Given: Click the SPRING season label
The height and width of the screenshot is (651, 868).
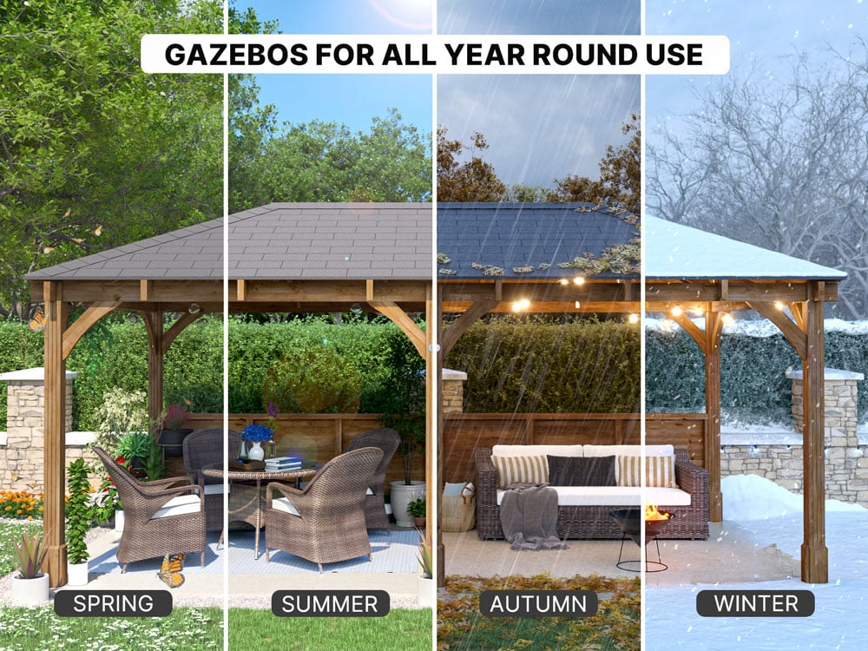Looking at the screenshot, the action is pos(113,603).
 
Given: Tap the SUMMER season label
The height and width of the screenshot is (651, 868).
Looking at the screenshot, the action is pos(330,604).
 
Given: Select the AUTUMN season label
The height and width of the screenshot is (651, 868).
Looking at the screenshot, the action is pos(538,604).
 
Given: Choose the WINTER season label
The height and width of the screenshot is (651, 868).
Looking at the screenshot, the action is pos(756,603).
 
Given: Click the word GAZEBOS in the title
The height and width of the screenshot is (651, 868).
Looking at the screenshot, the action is pos(236,54).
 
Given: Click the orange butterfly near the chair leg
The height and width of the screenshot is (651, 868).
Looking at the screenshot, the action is pos(172,570).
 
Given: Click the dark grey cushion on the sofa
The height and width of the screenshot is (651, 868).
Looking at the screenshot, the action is pos(582,470).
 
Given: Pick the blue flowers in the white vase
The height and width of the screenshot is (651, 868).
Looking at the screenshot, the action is pos(257,433).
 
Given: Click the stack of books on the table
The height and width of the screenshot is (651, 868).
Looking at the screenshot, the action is pos(284,464).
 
